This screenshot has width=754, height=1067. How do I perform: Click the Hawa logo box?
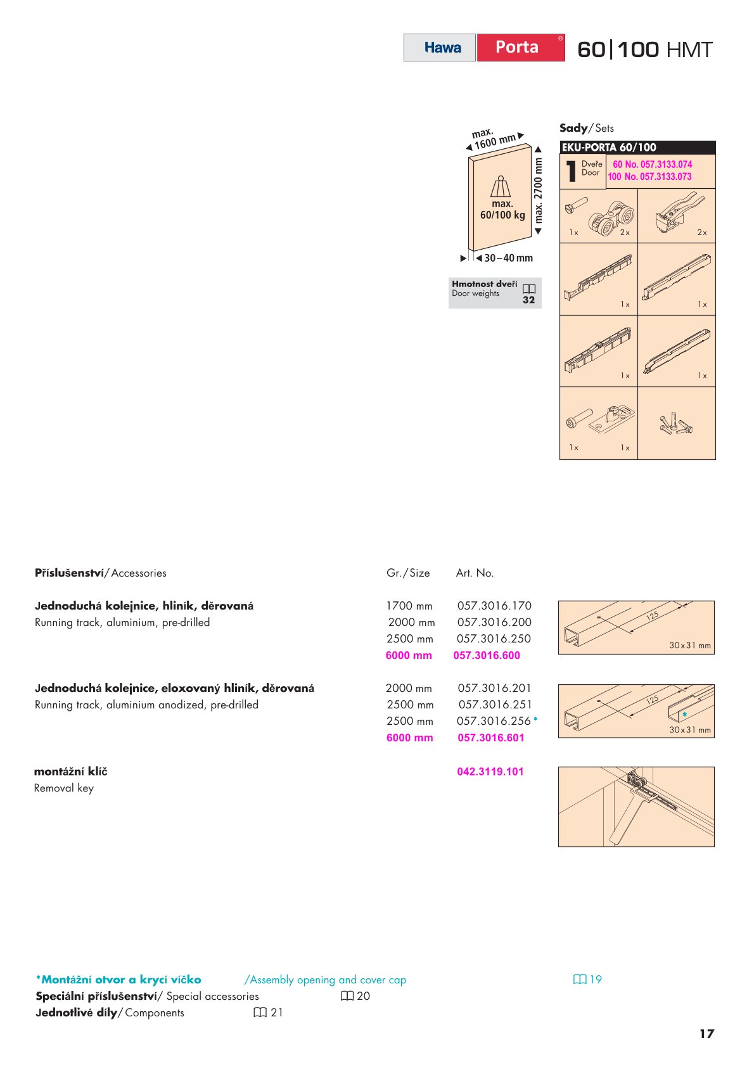click(x=440, y=48)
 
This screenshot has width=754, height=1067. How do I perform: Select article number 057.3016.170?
click(x=494, y=606)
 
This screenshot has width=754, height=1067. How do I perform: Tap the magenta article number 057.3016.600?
click(x=487, y=655)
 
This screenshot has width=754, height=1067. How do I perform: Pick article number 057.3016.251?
click(x=495, y=705)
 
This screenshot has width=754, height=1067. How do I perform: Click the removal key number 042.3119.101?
click(x=490, y=772)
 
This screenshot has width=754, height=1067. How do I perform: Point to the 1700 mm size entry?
click(x=409, y=606)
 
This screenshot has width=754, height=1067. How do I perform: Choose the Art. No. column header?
click(x=475, y=573)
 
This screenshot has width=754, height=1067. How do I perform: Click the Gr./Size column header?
click(x=408, y=573)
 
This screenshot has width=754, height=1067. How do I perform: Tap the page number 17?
click(x=706, y=1033)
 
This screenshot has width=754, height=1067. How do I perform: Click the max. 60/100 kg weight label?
click(x=502, y=210)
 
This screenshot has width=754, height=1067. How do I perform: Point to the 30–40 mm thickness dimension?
click(x=508, y=258)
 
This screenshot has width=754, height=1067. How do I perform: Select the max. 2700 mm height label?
click(x=539, y=190)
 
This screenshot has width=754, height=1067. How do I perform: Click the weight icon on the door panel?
click(x=501, y=187)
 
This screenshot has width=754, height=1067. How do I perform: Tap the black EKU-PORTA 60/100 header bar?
click(x=637, y=148)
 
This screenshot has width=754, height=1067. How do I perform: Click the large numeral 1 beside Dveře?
click(x=571, y=171)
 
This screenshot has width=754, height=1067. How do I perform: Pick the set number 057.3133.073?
click(x=649, y=177)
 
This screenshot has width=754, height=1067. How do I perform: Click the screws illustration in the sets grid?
click(x=676, y=423)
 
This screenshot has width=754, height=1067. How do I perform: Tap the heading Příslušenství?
click(x=69, y=573)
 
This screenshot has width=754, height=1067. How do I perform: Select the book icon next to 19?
click(x=579, y=980)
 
